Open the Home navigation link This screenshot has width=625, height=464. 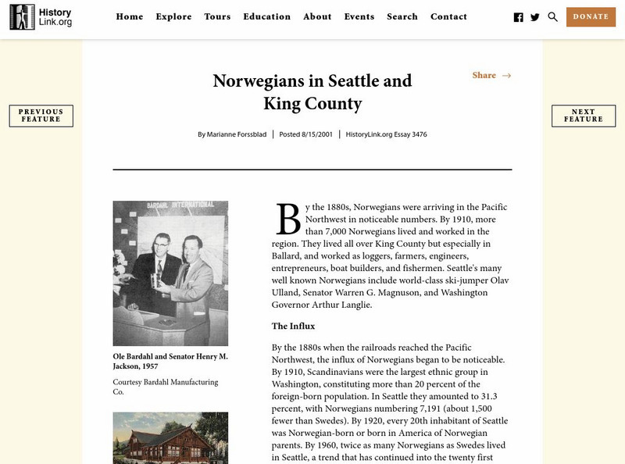[x=129, y=16]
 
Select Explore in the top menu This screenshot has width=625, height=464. [x=173, y=16]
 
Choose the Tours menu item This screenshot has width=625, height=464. [x=217, y=16]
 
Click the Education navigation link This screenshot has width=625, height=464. [x=266, y=16]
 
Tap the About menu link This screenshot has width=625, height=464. [x=317, y=16]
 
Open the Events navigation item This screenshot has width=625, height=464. [x=359, y=16]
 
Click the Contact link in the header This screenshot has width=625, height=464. [x=448, y=16]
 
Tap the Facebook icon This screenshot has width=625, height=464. [x=518, y=17]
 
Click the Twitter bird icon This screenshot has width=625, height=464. [x=535, y=17]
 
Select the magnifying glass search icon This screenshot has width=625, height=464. [x=553, y=16]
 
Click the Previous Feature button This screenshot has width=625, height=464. [x=41, y=116]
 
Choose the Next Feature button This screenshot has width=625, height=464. [x=583, y=116]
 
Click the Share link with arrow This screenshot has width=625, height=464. [x=491, y=75]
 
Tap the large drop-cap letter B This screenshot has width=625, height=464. [x=287, y=219]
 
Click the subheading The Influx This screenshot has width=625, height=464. [x=293, y=326]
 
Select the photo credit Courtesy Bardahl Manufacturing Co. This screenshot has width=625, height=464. [x=166, y=387]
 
